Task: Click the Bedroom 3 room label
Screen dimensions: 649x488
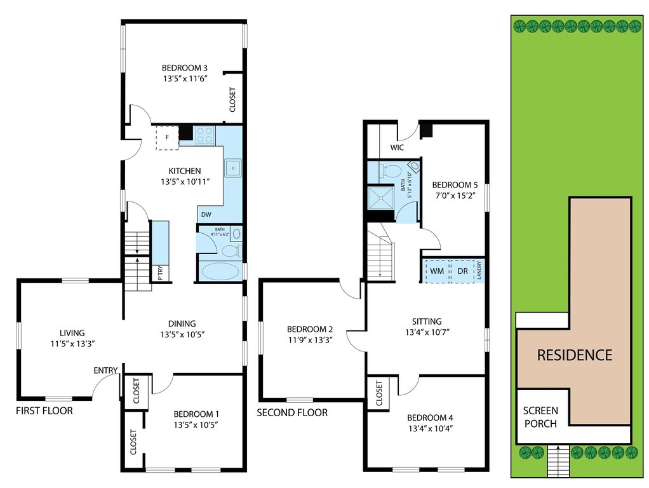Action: click(x=185, y=68)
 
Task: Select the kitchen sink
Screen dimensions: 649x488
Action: click(x=233, y=168)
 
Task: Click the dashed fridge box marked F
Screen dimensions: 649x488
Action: click(x=167, y=137)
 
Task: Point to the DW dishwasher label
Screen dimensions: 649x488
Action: click(x=206, y=215)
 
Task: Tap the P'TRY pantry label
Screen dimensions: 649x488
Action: click(x=161, y=273)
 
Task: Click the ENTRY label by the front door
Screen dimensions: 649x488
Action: click(x=105, y=370)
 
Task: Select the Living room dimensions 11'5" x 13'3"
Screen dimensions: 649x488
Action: click(x=72, y=343)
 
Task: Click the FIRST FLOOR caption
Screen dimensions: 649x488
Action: click(x=44, y=411)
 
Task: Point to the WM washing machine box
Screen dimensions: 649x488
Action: click(x=437, y=271)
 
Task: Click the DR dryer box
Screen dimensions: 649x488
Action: click(x=463, y=271)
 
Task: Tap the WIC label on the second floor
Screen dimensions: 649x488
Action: click(x=397, y=147)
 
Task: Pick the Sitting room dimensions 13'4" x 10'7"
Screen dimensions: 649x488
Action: click(x=427, y=332)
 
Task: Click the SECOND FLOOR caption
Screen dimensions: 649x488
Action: click(x=292, y=412)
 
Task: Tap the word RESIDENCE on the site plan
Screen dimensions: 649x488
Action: click(x=575, y=355)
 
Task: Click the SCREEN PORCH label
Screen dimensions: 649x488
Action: click(x=540, y=417)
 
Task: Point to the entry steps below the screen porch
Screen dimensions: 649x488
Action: click(x=558, y=461)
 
